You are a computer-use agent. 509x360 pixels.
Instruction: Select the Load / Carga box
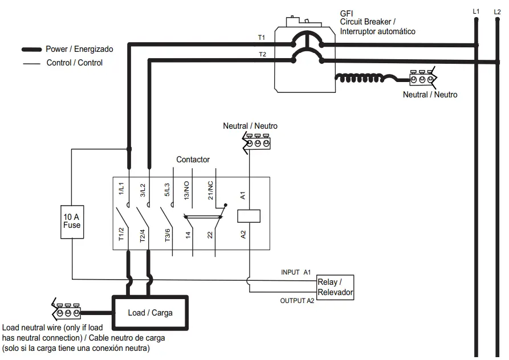[150, 312]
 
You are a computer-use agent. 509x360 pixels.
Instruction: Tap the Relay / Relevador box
[335, 288]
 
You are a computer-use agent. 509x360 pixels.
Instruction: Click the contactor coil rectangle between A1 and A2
[249, 216]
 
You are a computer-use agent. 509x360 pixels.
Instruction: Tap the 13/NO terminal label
[187, 189]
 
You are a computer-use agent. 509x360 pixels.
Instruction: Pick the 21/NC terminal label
[210, 189]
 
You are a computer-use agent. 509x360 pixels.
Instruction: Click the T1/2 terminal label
[121, 235]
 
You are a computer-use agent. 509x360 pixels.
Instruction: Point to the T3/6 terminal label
[167, 235]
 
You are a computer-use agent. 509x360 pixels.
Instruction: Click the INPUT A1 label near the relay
[296, 272]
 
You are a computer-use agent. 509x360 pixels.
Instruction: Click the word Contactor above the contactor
[193, 159]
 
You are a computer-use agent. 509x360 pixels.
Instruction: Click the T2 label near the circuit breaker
[262, 54]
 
